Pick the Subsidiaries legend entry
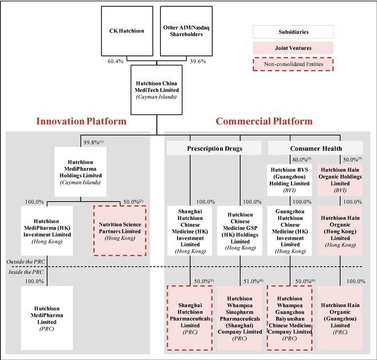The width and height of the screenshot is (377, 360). [x=293, y=32]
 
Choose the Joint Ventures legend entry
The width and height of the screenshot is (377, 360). [x=293, y=48]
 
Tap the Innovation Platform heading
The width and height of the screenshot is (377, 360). [x=81, y=121]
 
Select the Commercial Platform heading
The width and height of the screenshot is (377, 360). [x=264, y=121]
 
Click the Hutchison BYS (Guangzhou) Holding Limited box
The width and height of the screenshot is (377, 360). [x=290, y=180]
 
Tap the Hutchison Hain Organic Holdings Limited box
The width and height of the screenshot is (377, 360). [x=340, y=180]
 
